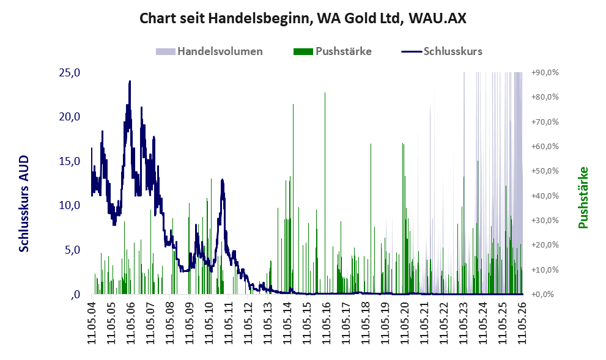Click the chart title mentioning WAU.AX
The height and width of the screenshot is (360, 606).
coord(303,18)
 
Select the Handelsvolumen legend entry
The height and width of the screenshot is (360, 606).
coord(209,51)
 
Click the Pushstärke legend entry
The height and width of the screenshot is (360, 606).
coord(333,51)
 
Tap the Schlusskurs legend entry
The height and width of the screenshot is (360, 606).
coord(442,51)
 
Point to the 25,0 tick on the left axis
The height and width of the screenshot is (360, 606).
coord(70,72)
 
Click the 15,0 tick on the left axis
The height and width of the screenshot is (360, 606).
coord(70,161)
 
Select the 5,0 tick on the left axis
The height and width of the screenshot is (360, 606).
coord(72,250)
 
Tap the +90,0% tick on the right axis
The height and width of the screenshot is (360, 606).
coord(545,72)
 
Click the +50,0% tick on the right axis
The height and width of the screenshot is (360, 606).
coord(545,171)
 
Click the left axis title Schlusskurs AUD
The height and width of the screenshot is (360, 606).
coord(24,204)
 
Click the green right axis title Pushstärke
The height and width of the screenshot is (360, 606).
coord(583,197)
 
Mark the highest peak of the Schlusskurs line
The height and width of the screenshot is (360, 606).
coord(130,81)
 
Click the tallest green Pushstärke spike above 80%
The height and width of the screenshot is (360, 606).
coord(325,93)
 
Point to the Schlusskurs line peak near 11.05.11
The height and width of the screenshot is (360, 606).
coord(222,180)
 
